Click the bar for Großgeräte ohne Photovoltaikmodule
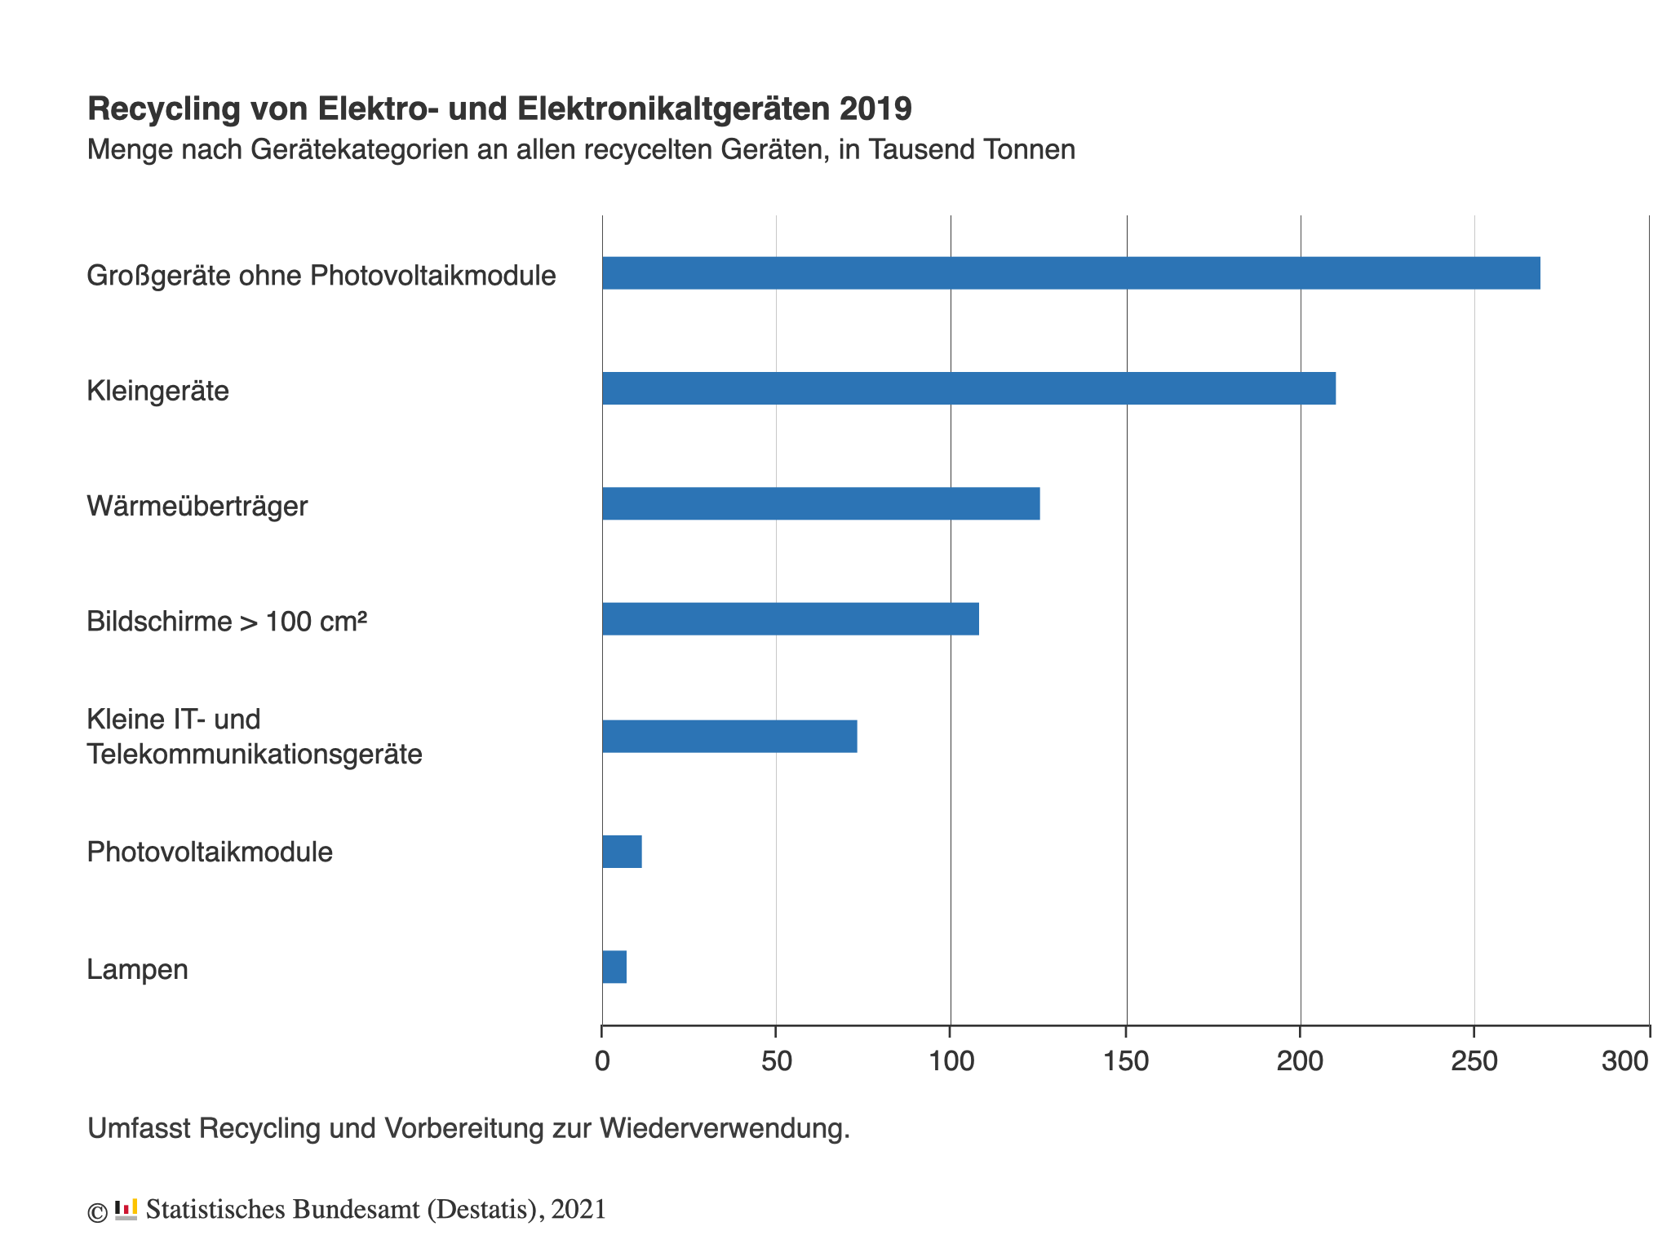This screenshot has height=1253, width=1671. tap(1070, 273)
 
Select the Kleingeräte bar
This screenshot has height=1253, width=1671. tap(968, 388)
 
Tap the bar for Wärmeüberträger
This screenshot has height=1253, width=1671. tap(821, 503)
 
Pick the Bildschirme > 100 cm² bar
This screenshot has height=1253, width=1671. tap(790, 619)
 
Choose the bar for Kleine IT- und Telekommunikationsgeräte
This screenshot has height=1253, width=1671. tap(729, 737)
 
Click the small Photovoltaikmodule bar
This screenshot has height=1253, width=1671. tap(622, 852)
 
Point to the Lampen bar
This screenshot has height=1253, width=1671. tap(614, 967)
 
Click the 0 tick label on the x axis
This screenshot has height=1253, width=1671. tap(602, 1061)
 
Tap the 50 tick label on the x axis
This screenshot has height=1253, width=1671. tap(777, 1061)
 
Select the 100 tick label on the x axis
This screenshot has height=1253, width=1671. tap(951, 1061)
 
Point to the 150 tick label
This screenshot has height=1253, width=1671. tap(1126, 1061)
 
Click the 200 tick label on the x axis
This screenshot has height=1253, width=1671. tap(1300, 1061)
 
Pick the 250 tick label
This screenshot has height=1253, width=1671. tap(1474, 1061)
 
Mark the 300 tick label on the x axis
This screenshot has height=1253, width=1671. tap(1625, 1061)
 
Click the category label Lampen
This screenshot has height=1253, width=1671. tap(137, 969)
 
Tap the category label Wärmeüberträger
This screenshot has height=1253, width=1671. tap(197, 507)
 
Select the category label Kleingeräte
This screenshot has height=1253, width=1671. tap(157, 391)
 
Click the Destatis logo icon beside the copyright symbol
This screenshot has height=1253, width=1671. tap(126, 1210)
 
